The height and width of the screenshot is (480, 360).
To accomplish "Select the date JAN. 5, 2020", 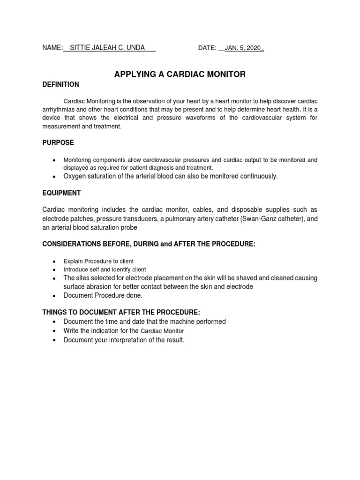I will point(243,48).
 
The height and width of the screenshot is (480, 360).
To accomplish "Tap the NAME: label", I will point(52,47).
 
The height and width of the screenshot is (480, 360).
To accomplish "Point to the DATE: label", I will point(207,48).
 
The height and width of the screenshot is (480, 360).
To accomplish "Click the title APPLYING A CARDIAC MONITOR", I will point(180,74).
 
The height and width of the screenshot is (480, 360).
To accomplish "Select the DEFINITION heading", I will point(60,84).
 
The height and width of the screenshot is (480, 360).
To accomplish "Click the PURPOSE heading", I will point(58,142).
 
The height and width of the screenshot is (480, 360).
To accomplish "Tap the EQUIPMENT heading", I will point(61,193).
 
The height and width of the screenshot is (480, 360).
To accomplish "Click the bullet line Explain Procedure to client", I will point(98,261).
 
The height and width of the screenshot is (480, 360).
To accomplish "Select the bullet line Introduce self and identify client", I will point(105,270).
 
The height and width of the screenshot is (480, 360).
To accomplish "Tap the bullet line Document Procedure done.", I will point(103,295).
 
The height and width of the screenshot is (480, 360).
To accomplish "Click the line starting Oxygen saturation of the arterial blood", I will point(171,176).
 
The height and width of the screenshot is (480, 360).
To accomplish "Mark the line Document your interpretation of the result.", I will point(124,340).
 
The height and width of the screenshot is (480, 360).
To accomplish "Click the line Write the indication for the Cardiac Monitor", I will point(124,331).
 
